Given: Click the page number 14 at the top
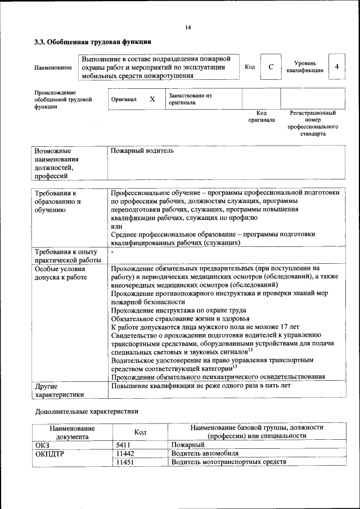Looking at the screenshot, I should point(188,28).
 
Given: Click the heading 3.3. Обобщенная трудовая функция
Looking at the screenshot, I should point(93,42).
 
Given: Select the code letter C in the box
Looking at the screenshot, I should point(271,67).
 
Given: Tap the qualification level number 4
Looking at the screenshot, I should point(336,67).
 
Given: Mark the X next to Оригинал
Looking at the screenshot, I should point(152,99).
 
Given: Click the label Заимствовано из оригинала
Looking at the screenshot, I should point(190,99).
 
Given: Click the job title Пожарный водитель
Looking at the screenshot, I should point(142,151).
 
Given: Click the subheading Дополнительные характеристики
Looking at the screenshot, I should point(87,411).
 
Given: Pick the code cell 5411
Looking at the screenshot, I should point(123,444).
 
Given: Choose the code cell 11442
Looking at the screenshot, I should point(125,453).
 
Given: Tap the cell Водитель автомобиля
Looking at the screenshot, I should point(205,453).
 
